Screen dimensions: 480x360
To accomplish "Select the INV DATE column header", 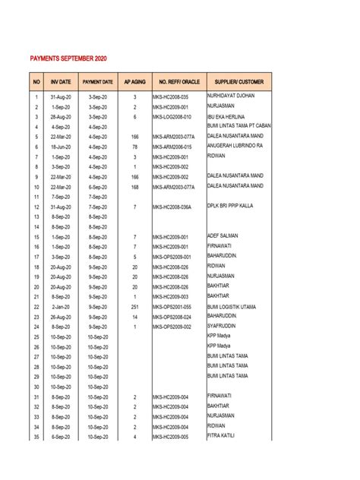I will tap(61, 81).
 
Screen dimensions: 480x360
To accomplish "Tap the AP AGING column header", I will tap(134, 81).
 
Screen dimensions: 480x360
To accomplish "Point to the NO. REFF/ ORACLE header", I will tap(178, 81).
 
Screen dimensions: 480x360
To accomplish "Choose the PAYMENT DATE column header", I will tap(98, 81).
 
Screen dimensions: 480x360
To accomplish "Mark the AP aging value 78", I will tap(134, 147).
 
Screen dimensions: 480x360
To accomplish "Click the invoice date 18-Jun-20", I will tap(61, 147).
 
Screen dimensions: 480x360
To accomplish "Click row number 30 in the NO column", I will tap(36, 387).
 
